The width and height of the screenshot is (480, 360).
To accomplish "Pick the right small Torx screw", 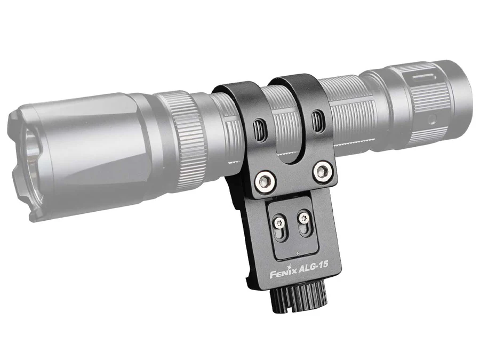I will point(303,218).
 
